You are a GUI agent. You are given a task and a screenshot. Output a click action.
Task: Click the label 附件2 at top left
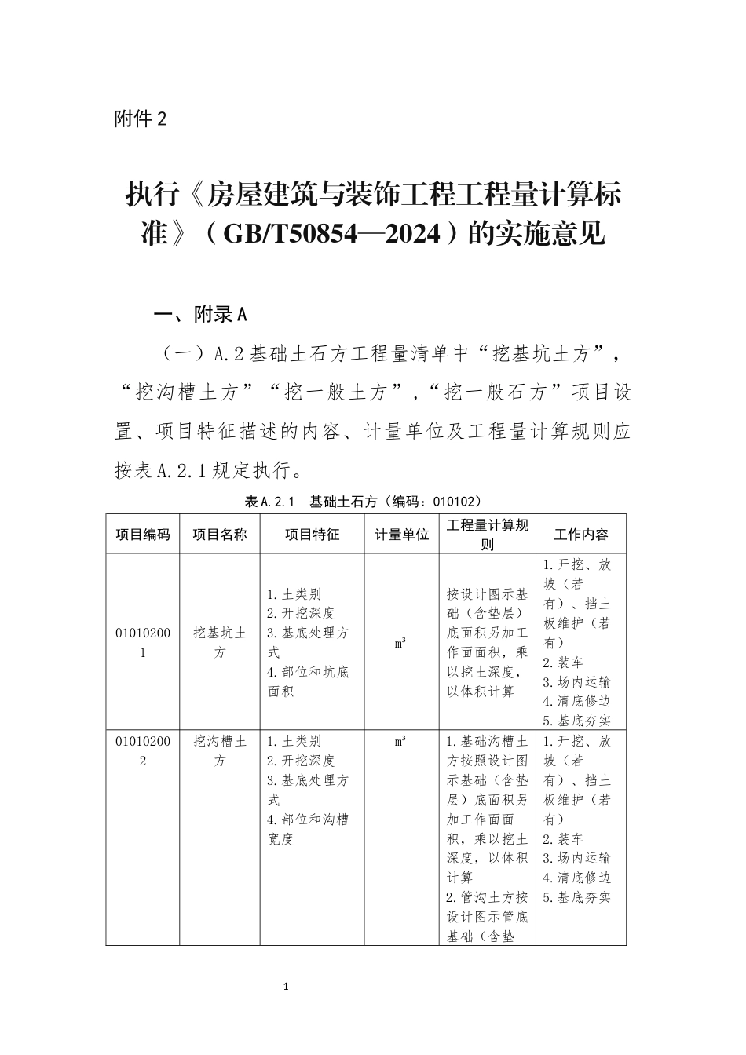(141, 119)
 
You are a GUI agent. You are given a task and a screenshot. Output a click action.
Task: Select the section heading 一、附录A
(200, 316)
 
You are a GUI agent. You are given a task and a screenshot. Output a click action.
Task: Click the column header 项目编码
(143, 535)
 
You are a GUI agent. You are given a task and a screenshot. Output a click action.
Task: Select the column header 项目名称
(220, 535)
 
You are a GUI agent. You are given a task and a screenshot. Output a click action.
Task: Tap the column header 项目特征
(312, 535)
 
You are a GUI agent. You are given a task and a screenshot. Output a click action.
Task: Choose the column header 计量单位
(401, 535)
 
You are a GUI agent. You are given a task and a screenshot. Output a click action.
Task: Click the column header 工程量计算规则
(487, 535)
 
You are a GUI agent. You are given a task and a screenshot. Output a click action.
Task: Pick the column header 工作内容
(580, 535)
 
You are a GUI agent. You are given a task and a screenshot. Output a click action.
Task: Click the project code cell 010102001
(143, 642)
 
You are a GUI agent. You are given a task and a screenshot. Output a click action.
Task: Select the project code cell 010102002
(143, 750)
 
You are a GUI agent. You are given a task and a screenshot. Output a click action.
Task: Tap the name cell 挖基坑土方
(220, 642)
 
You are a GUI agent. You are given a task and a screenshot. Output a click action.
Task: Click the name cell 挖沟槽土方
(220, 750)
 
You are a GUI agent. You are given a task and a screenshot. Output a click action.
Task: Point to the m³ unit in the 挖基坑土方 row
(400, 643)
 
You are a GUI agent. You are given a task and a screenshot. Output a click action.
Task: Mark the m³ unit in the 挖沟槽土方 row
(400, 741)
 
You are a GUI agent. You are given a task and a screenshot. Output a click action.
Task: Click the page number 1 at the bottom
(287, 986)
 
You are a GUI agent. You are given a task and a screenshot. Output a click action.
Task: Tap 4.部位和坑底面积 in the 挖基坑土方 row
(307, 681)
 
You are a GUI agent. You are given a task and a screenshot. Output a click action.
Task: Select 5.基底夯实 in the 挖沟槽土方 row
(576, 897)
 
